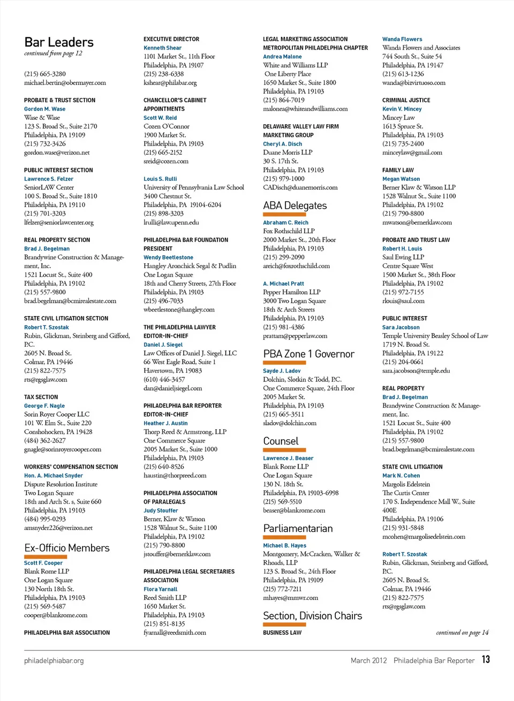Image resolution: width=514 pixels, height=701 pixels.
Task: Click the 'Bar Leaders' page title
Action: (59, 42)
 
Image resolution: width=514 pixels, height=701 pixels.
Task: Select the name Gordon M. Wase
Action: (44, 109)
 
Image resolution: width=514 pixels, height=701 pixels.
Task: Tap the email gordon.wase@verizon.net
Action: (57, 153)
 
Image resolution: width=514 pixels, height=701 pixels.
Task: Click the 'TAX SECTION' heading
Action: (41, 397)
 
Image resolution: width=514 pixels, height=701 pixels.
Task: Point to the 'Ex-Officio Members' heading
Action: (67, 548)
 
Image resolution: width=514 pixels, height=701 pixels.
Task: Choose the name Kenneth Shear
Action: (162, 48)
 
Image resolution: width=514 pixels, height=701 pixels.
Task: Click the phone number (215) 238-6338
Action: (163, 74)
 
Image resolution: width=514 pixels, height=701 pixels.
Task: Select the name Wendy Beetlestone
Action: (168, 257)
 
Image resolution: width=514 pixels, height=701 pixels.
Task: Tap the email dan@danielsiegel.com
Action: (172, 388)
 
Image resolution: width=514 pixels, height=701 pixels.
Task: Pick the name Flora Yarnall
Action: (160, 589)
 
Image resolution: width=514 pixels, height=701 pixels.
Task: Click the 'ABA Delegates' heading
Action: (294, 205)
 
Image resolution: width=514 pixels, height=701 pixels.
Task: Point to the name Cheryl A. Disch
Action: (282, 144)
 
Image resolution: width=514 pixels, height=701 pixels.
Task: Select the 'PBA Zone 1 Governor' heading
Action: (308, 354)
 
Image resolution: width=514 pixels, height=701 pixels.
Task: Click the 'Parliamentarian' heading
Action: (298, 528)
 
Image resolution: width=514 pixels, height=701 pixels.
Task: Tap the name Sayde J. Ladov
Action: (282, 371)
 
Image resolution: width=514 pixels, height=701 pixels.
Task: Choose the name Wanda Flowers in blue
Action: (402, 39)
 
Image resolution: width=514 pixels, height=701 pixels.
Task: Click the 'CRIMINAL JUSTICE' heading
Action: (406, 100)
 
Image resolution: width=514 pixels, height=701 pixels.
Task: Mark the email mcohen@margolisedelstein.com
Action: (424, 536)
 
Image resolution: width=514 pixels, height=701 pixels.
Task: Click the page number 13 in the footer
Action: (485, 659)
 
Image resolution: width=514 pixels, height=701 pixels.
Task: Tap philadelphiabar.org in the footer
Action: (54, 661)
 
